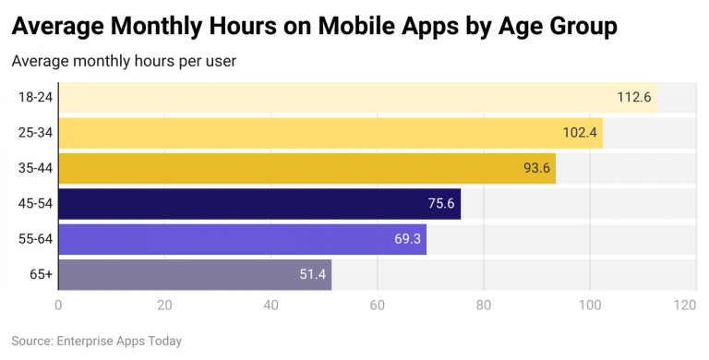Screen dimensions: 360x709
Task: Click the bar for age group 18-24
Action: pyautogui.click(x=357, y=97)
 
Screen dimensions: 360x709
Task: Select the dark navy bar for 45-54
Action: pyautogui.click(x=258, y=204)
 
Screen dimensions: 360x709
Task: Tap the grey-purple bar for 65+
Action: pyautogui.click(x=194, y=275)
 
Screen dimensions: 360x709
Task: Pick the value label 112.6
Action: pyautogui.click(x=634, y=97)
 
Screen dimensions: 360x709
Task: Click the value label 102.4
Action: pyautogui.click(x=581, y=133)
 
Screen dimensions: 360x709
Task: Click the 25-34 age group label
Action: pyautogui.click(x=35, y=133)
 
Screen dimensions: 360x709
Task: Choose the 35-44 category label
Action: pyautogui.click(x=35, y=168)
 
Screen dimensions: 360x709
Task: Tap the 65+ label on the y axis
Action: pyautogui.click(x=41, y=275)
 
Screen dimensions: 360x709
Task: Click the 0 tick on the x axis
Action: pyautogui.click(x=58, y=306)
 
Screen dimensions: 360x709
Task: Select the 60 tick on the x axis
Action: pyautogui.click(x=378, y=306)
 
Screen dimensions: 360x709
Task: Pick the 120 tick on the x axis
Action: pyautogui.click(x=684, y=306)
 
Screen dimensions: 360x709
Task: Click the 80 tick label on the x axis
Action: pyautogui.click(x=484, y=306)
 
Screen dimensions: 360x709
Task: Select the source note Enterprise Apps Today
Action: pyautogui.click(x=97, y=341)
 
